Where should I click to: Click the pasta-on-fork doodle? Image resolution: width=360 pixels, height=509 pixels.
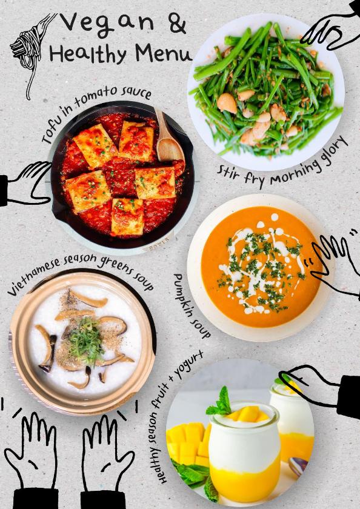(x=30, y=52)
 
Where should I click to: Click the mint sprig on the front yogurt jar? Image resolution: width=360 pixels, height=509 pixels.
(x=220, y=402)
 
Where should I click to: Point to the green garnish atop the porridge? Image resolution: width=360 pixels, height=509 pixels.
(x=86, y=341)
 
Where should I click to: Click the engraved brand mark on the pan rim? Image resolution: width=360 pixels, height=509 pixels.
(x=159, y=244)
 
